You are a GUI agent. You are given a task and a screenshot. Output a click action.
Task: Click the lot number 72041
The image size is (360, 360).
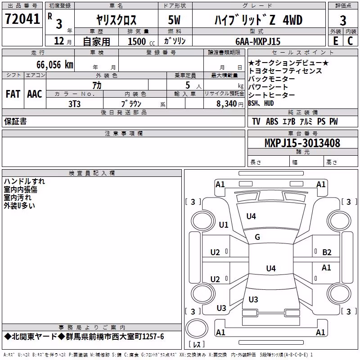point(22,19)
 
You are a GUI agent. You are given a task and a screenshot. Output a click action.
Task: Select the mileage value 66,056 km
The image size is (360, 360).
point(55,65)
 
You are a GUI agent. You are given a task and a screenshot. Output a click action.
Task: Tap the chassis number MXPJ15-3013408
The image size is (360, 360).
point(302,143)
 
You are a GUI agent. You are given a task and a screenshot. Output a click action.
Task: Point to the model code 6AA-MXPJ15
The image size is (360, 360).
point(258,41)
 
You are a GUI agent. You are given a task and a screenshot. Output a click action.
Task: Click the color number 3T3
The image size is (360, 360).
point(74,104)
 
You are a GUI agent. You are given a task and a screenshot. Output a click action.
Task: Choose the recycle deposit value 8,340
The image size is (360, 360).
point(227,104)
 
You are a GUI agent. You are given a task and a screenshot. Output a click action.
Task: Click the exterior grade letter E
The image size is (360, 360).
point(336,41)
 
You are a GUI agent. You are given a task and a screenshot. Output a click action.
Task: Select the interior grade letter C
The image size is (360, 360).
point(350,41)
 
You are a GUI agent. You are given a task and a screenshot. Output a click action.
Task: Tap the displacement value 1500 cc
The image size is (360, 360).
point(141,41)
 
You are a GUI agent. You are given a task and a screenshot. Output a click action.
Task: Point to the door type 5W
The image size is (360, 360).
point(174,20)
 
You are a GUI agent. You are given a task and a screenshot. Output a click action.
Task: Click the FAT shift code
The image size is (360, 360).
point(13,94)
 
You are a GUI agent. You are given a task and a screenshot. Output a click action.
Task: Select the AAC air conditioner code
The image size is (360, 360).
point(35,94)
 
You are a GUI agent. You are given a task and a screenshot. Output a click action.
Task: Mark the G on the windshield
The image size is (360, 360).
point(257,237)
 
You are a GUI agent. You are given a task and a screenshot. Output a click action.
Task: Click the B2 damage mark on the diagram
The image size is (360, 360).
point(327,252)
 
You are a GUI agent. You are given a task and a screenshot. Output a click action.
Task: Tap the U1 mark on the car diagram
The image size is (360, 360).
point(224,225)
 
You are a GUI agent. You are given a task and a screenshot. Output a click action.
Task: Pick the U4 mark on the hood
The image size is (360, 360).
point(251,216)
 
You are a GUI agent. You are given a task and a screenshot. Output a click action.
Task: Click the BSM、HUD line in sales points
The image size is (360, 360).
point(261,103)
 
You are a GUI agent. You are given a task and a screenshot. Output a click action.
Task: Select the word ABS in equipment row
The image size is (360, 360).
point(272,121)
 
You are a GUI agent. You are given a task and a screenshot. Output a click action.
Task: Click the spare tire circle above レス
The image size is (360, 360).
point(197,328)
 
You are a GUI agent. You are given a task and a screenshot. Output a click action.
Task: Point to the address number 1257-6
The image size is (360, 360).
point(153,337)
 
